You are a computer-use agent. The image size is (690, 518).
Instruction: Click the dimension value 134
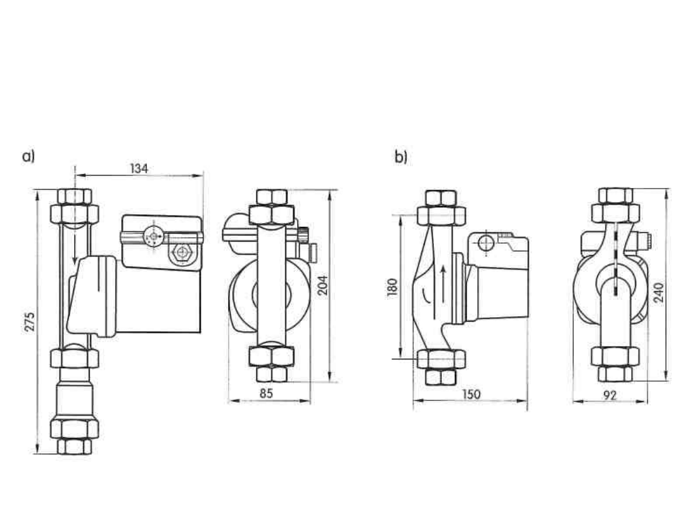tap(139, 168)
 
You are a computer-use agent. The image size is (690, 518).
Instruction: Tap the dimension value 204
tap(323, 285)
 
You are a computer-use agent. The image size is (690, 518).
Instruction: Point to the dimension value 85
tap(266, 393)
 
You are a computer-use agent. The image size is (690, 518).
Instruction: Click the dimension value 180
tap(392, 288)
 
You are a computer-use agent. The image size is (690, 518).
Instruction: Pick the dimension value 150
tap(471, 394)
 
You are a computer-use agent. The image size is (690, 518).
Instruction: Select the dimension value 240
tap(659, 292)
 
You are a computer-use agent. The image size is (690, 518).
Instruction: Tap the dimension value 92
tap(610, 395)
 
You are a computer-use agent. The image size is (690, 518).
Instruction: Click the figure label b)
tap(401, 157)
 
